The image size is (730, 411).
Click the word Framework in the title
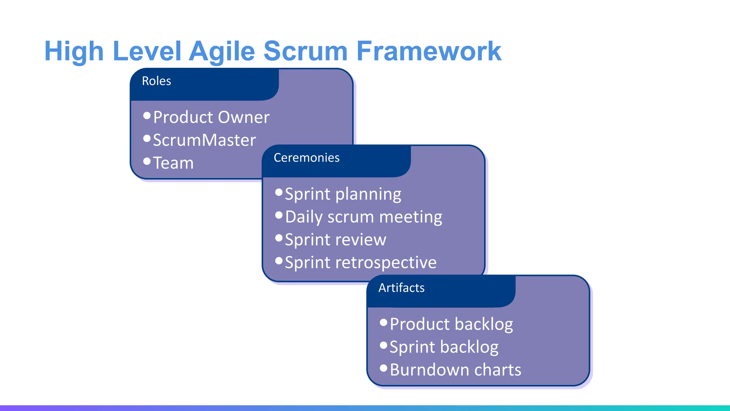429,51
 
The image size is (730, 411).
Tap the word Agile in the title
222,51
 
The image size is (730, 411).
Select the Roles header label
156,81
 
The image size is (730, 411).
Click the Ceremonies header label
307,158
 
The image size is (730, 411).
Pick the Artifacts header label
401,288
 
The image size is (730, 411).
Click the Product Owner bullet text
211,117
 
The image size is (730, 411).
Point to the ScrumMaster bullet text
204,140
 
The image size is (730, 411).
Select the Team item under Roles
173,163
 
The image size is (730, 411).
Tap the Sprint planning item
343,194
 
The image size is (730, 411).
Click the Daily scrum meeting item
364,217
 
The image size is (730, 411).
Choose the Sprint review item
335,240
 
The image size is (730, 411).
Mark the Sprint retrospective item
361,263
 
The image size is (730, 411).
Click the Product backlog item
451,324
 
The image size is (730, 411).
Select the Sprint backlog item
444,347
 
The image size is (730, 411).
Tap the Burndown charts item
456,370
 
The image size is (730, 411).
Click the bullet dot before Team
147,161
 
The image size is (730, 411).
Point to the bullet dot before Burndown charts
384,368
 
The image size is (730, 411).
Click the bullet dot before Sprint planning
279,193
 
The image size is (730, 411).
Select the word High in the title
74,51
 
